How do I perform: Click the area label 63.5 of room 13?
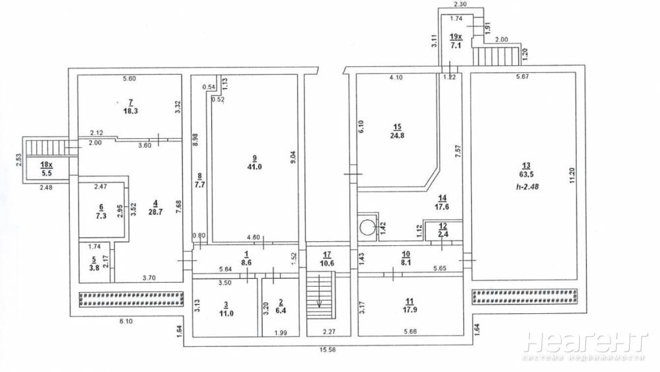tap(526, 174)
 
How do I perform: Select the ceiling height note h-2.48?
tap(527, 186)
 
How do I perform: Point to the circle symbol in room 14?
tap(367, 227)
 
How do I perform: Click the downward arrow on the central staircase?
tap(319, 291)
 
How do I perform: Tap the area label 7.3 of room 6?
tap(100, 215)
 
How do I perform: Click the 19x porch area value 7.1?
tap(455, 46)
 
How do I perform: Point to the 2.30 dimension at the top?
tap(461, 4)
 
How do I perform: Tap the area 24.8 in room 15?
tap(397, 135)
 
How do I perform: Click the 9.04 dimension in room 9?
tap(294, 157)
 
